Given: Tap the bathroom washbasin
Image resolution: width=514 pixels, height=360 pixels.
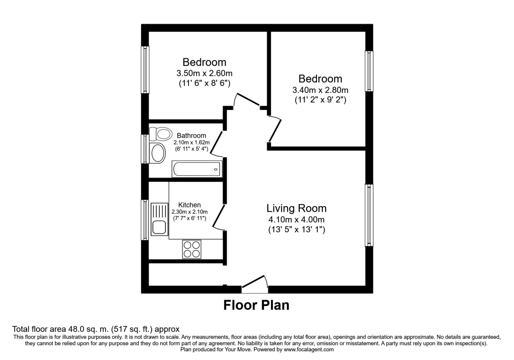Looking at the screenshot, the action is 158,152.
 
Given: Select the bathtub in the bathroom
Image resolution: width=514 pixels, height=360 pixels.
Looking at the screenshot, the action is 197,169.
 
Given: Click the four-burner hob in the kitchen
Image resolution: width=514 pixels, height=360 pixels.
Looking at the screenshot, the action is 191,249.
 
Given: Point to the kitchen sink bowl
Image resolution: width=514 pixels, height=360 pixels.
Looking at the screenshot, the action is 159,227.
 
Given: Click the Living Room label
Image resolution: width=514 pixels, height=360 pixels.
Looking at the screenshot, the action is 296,208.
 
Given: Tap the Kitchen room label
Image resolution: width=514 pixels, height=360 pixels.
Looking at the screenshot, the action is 189,205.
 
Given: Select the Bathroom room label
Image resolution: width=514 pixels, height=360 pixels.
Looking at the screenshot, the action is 192,135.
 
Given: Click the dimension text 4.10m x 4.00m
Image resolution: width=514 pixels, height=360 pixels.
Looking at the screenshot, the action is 296,219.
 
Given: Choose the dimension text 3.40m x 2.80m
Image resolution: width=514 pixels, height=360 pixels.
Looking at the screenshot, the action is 320,90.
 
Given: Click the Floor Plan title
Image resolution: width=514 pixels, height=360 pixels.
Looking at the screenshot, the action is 256,305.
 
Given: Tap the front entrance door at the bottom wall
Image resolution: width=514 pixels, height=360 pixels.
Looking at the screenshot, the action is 255,285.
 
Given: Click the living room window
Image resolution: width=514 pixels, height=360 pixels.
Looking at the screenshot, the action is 369,215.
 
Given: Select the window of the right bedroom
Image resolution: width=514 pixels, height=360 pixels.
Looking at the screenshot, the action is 369,71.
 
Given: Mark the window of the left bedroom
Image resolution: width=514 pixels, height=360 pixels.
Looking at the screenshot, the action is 145,69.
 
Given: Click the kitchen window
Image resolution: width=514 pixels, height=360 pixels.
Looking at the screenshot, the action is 145,219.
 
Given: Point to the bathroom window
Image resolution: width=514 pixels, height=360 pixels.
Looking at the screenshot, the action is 145,149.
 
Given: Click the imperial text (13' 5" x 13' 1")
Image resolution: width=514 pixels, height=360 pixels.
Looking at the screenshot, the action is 296,230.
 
